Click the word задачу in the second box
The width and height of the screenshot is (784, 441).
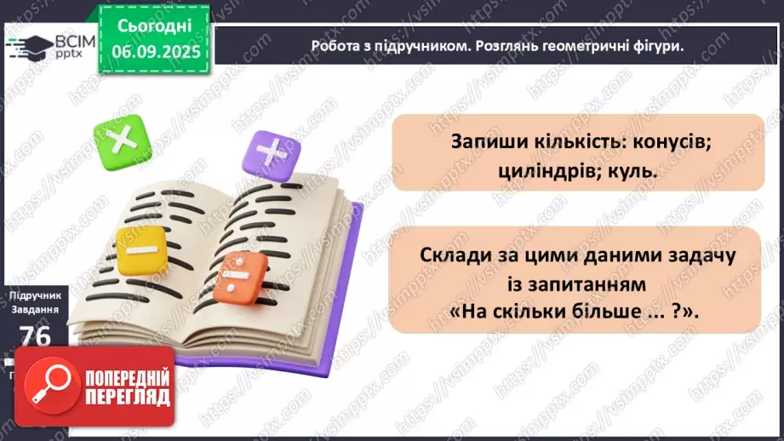tap(689, 254)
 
